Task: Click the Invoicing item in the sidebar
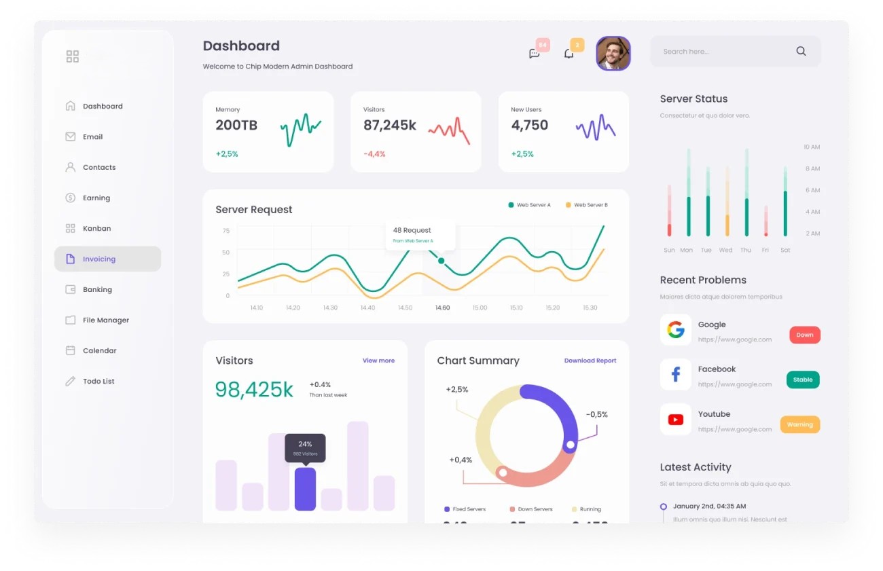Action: point(99,259)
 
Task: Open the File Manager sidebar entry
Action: point(105,320)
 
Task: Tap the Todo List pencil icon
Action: point(70,382)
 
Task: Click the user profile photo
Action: point(613,53)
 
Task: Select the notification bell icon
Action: point(569,54)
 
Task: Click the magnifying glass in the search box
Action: point(801,51)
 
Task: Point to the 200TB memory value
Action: point(236,125)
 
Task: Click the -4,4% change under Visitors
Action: point(374,154)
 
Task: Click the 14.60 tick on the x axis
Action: point(442,308)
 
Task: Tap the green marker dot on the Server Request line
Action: point(441,261)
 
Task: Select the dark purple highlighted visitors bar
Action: point(305,488)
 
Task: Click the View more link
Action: point(378,361)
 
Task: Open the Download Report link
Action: point(590,361)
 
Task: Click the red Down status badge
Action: point(804,335)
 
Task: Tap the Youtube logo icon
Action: point(675,420)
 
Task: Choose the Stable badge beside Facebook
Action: point(802,380)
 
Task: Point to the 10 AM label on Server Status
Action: point(812,147)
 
